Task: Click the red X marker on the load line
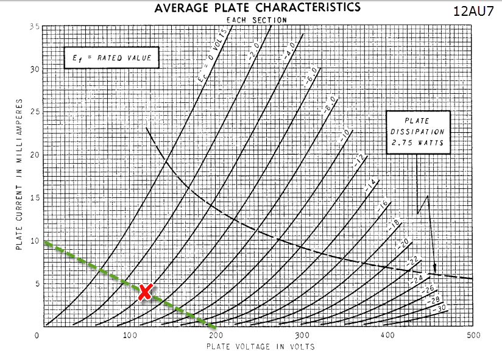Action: [145, 292]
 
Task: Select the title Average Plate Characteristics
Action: [257, 7]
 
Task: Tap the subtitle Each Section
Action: [256, 19]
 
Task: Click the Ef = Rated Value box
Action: [111, 59]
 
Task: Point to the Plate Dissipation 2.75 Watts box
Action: [418, 132]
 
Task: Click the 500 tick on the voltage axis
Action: [472, 336]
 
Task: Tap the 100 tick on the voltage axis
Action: [129, 336]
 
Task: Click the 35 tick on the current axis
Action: [35, 27]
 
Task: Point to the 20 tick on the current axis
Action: [35, 155]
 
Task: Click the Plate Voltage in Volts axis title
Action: [260, 347]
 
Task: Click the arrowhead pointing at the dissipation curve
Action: [435, 267]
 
